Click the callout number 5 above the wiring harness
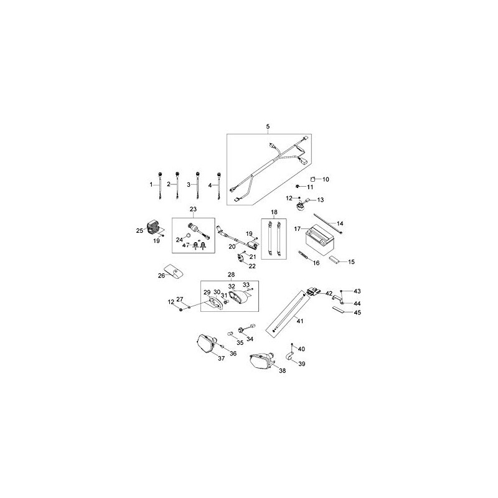coord(268,127)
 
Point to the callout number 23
coord(193,209)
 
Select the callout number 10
coord(326,179)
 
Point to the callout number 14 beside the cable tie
coord(340,223)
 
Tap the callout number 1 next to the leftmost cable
coord(150,185)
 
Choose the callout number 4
coord(210,185)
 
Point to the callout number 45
coord(357,312)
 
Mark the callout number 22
coord(252,266)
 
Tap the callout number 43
coord(357,291)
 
